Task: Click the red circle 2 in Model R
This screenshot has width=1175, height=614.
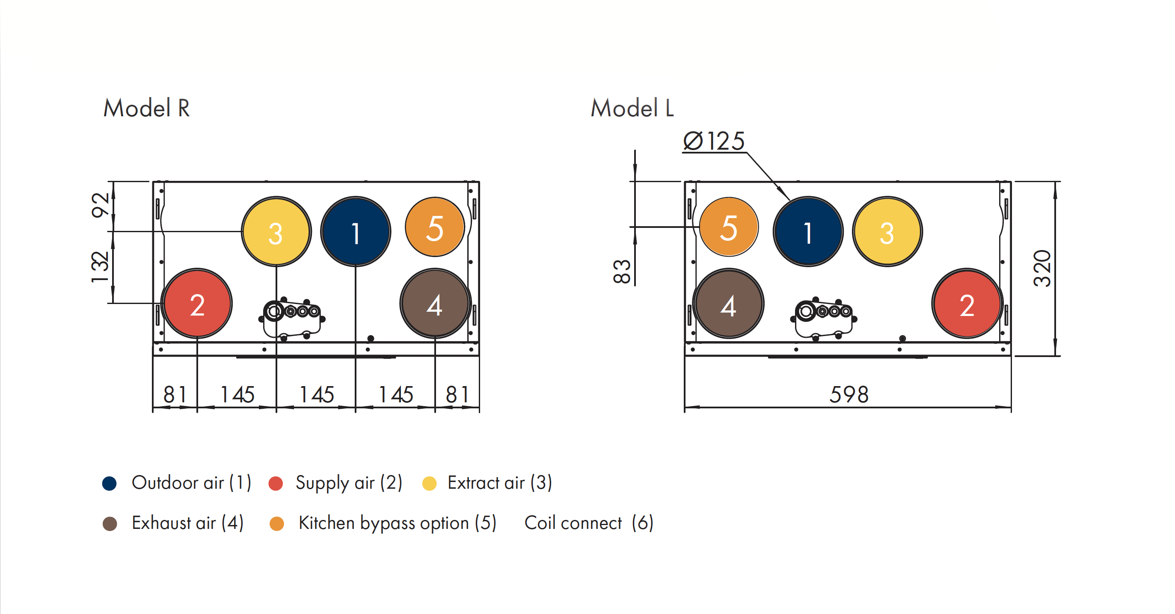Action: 197,304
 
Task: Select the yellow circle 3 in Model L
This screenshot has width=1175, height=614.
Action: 887,232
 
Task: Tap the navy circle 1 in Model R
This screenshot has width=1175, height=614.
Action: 356,232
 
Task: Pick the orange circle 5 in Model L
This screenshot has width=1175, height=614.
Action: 729,227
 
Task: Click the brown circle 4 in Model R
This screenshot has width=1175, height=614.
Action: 435,304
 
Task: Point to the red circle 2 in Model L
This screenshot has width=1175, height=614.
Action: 967,304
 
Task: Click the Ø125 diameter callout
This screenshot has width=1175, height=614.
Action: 714,141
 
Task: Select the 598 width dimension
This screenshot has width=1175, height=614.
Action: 849,394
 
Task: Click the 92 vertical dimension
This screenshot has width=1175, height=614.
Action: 101,205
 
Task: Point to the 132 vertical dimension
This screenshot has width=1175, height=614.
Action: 101,267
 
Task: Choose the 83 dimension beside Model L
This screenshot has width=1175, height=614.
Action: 622,272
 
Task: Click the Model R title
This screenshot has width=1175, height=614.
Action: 146,109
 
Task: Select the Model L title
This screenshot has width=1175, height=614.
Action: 632,109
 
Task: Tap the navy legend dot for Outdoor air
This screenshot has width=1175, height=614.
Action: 110,483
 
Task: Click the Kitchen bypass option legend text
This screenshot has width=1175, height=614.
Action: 397,523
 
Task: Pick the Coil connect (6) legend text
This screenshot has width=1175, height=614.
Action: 589,523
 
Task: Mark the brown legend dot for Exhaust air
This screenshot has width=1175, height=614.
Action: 110,524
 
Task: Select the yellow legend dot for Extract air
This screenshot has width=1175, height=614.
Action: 430,483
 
